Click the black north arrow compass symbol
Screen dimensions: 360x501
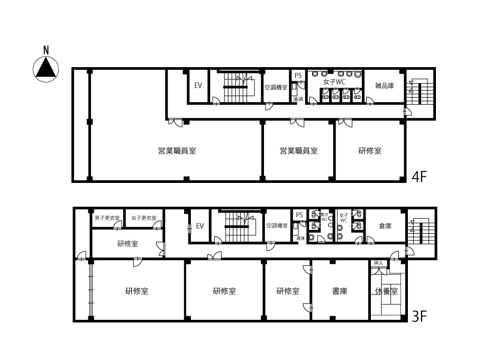pos(46,68)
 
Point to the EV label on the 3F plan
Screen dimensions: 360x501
pos(199,226)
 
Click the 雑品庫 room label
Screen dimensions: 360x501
pos(385,85)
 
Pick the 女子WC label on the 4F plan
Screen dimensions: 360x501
pos(334,82)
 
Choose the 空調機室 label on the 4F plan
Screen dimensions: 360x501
pos(276,87)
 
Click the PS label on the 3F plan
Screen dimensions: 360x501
pos(299,215)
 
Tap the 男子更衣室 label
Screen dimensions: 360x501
pos(107,218)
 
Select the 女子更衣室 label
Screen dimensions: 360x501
pos(144,218)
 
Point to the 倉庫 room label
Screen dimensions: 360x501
pos(385,226)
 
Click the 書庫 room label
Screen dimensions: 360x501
pos(340,291)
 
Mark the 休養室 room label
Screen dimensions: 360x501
pos(387,291)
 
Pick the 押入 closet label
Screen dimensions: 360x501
pos(378,263)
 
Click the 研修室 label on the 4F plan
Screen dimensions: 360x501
pos(370,151)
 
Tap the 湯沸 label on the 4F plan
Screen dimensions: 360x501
pos(298,99)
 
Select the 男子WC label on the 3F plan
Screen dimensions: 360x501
pos(324,217)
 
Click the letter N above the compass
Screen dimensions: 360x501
pos(46,50)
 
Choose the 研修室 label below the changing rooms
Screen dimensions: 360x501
pos(127,244)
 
